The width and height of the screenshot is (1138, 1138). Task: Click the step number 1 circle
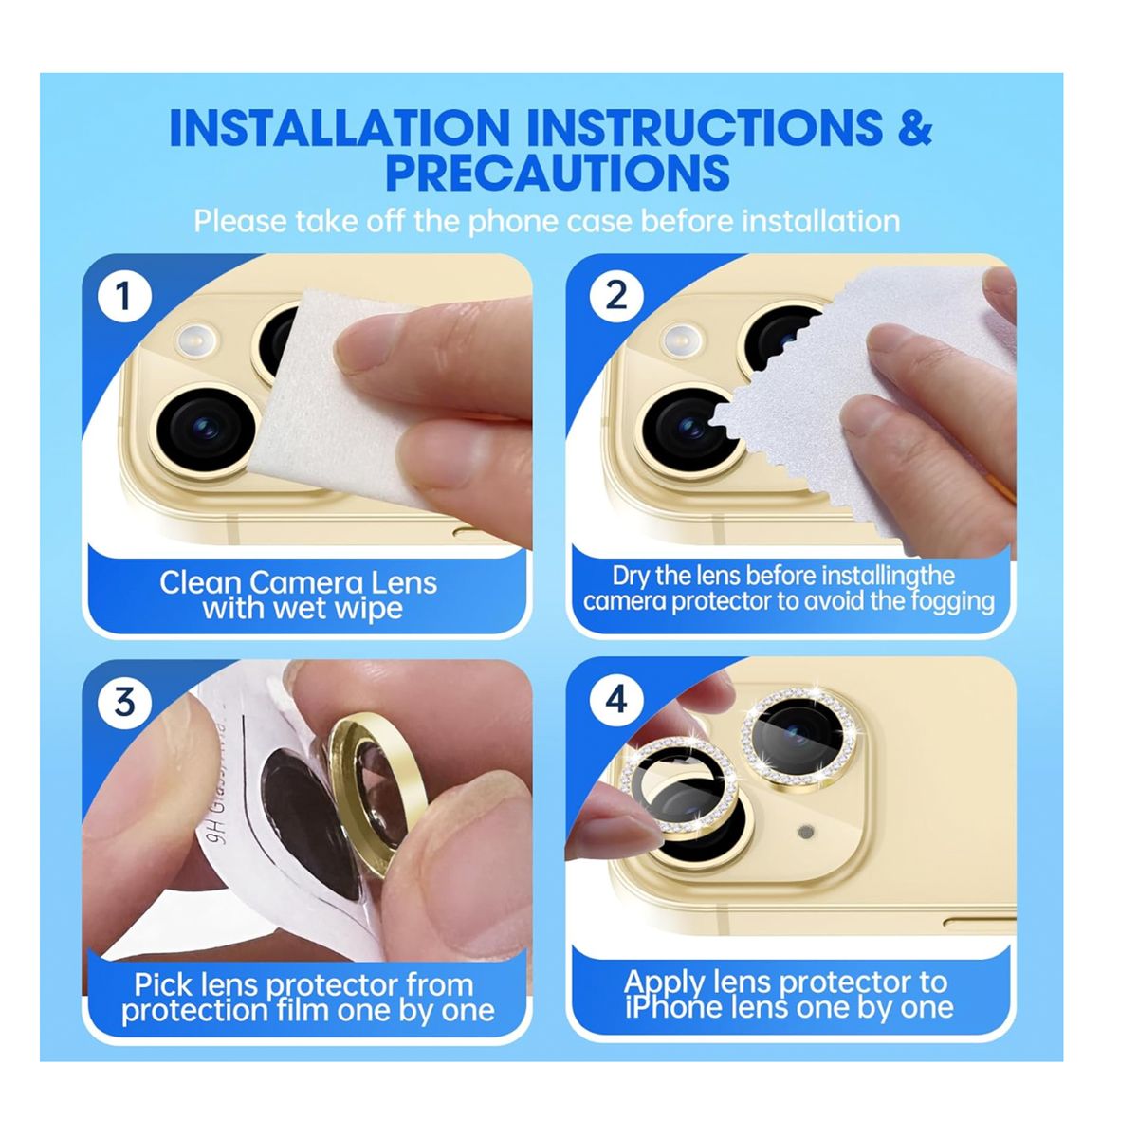[123, 297]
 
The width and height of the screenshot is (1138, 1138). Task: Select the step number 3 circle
[124, 703]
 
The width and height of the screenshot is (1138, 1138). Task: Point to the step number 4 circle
[615, 700]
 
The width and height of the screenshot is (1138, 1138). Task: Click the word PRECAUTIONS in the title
[557, 174]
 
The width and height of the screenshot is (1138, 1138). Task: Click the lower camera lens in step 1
[207, 429]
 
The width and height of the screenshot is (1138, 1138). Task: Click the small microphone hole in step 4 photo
[806, 832]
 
